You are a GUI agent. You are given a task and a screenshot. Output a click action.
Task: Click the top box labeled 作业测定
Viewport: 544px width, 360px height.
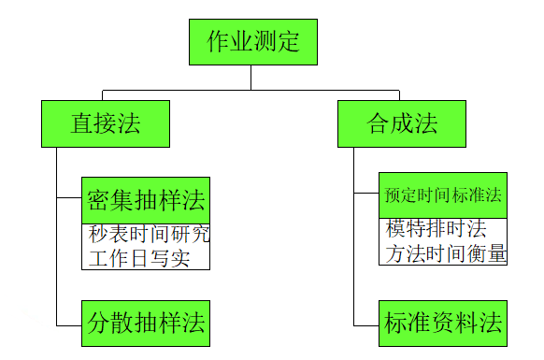(250, 43)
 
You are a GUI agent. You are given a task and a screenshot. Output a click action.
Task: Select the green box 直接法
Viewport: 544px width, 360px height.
(106, 123)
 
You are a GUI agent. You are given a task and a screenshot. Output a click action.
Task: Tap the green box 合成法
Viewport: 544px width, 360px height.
(402, 123)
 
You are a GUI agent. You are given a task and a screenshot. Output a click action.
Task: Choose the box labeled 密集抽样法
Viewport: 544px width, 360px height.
(145, 199)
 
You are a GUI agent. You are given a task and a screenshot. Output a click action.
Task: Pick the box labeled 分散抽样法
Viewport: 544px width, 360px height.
(145, 324)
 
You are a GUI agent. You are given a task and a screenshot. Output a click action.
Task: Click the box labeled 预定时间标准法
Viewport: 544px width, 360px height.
(443, 195)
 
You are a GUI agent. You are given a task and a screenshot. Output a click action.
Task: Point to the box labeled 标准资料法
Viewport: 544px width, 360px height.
(443, 324)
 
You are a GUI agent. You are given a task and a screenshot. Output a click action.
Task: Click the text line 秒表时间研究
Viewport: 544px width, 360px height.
(145, 235)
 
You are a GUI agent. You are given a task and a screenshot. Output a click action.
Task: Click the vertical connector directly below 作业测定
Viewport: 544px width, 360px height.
(251, 78)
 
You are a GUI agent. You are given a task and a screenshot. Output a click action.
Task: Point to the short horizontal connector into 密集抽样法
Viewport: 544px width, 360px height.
(69, 198)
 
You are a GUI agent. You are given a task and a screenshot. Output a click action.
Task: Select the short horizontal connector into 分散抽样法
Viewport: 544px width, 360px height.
(69, 324)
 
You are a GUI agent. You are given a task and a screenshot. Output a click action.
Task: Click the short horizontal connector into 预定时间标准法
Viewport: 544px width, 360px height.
(366, 194)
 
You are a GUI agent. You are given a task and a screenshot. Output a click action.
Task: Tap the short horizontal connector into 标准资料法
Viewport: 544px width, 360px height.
(366, 324)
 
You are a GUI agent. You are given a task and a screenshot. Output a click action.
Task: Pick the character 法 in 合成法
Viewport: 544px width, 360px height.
(426, 123)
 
